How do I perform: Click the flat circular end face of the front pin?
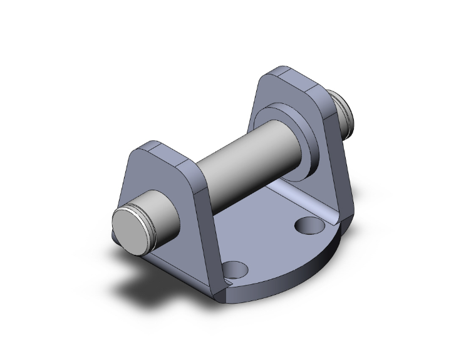(131, 227)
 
